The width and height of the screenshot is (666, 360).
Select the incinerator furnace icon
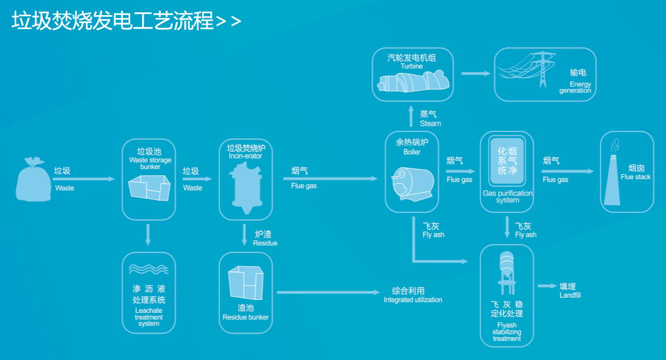[x=245, y=190]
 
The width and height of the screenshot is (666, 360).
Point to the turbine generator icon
[x=413, y=82]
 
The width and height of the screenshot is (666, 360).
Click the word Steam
[x=430, y=124]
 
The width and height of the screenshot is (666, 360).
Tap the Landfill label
[x=570, y=295]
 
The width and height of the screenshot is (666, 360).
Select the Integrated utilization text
[x=413, y=300]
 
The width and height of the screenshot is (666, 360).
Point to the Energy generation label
[x=576, y=88]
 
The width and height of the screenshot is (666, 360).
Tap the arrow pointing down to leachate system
[x=148, y=234]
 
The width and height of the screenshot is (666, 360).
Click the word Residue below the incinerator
[x=265, y=243]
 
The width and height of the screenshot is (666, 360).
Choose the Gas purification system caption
[x=507, y=197]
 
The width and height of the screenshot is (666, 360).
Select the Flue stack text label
[x=636, y=177]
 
